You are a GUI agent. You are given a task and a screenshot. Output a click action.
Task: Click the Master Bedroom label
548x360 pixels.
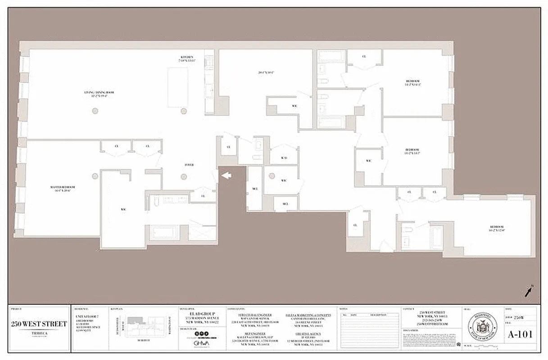[62, 188]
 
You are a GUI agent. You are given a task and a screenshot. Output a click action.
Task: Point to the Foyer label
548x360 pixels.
[189, 165]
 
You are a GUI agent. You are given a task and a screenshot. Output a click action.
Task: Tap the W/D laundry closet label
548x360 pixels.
[284, 158]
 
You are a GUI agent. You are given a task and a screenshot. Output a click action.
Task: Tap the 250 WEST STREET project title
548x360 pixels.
[39, 324]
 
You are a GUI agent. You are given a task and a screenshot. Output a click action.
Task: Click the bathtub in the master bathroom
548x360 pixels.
[164, 232]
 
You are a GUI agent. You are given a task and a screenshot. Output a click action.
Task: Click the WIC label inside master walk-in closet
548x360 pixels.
[122, 209]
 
